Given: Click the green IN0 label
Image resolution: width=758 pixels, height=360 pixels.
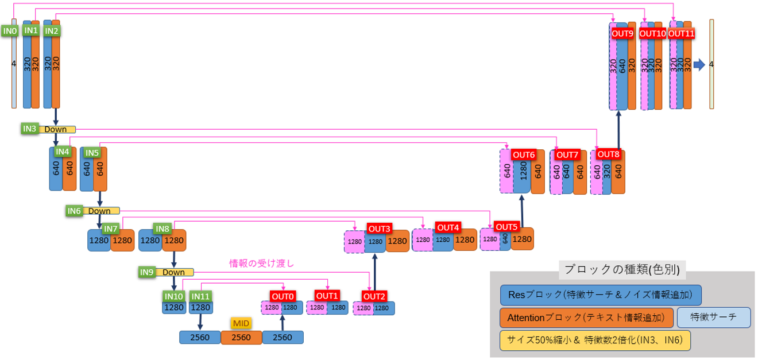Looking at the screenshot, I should coord(9,30).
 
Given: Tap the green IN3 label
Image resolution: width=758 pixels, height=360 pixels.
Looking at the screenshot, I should coord(30,129).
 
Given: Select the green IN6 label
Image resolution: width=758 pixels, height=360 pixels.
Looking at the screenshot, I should coord(74,211).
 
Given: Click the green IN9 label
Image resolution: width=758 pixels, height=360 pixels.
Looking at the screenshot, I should coord(147,272).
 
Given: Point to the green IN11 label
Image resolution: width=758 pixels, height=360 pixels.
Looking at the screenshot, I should coord(200,296).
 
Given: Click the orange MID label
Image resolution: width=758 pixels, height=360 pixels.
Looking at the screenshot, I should coord(241,323).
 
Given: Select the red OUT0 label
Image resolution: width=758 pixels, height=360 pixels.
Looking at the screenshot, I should coord(283,296).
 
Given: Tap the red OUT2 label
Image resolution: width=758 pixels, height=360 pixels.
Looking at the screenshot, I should coord(374,296).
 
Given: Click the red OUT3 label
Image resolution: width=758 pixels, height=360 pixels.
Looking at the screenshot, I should coord(379,229).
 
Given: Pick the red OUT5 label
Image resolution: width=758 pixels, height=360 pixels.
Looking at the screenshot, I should coord(506,226).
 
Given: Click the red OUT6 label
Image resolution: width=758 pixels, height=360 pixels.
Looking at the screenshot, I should coord(524,154).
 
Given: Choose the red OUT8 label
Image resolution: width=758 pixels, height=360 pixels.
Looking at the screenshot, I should coord(608,154).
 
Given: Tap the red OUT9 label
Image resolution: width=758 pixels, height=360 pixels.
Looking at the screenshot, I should coord(622,34).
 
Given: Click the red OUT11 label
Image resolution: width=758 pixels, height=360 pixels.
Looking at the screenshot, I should coord(682,34).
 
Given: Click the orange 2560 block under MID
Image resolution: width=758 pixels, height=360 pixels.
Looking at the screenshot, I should coord(241,338).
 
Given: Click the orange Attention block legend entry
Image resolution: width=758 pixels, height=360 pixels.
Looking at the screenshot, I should coord(586,317).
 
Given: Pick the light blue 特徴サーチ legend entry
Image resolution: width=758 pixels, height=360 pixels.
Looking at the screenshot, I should coord(714,317).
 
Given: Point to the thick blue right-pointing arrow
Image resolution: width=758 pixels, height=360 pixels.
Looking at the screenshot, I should coord(699,64).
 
